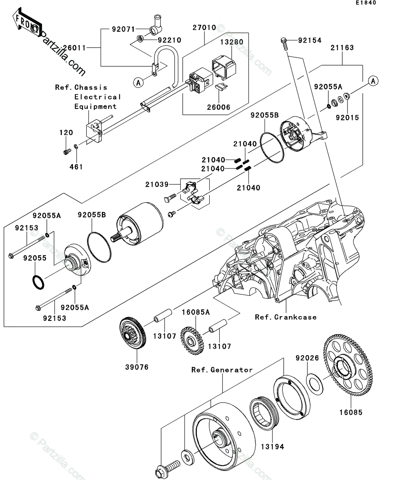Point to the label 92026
[307, 358]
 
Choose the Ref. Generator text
[222, 370]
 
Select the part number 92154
[310, 40]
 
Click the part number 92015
[347, 118]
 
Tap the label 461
[76, 167]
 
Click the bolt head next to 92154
[284, 40]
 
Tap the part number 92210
[169, 40]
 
